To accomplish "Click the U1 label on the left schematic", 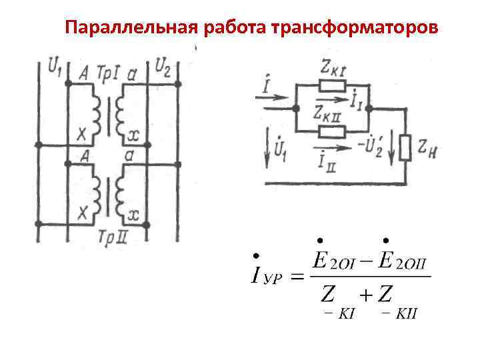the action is point(56,65).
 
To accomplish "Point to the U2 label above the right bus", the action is point(163,65).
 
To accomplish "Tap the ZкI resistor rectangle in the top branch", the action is point(332,85).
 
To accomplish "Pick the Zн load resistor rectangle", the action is point(405,148).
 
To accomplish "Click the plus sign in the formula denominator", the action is point(363,293).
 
